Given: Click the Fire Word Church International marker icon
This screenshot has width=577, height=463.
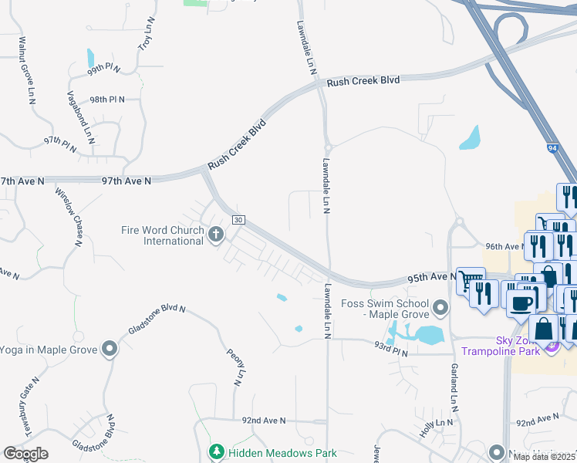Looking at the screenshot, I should coord(216,235).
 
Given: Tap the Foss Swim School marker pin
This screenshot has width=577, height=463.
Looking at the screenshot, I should coord(440,309).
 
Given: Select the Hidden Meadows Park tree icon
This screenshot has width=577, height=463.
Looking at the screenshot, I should coord(218,452).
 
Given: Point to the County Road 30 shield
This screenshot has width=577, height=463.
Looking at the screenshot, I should coord(238,220).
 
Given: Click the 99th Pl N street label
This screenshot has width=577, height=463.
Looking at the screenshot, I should coord(103,69).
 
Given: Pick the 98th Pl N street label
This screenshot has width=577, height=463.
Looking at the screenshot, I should coord(106,100).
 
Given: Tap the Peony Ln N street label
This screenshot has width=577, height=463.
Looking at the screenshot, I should coord(238,367).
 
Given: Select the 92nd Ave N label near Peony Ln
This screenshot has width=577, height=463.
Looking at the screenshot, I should coord(263,421).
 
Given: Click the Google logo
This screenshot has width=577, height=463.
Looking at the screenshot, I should coord(25,453).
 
